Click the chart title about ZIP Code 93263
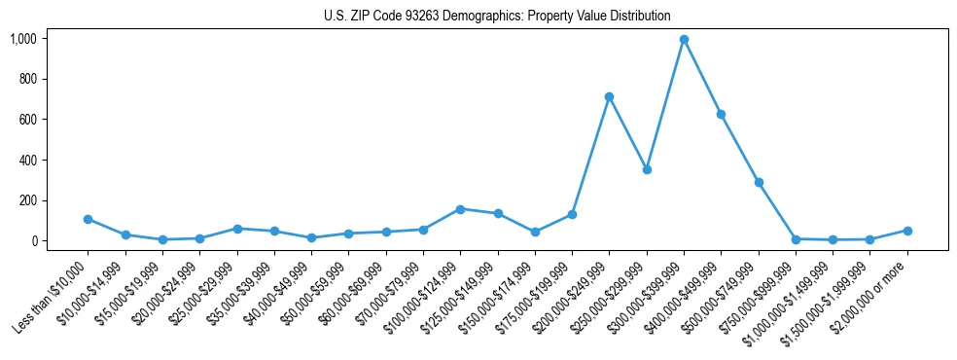coord(497,16)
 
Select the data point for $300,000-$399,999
coord(684,40)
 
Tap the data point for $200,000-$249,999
coord(609,97)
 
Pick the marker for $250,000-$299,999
coord(647,169)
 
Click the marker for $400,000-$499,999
coord(721,115)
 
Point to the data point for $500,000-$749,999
coord(759,182)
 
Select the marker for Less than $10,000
coord(88,219)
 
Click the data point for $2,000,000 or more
coord(907,231)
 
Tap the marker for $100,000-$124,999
coord(460,209)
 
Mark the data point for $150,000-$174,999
coord(535,232)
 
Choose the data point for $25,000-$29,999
coord(236,229)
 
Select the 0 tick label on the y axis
coord(35,241)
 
